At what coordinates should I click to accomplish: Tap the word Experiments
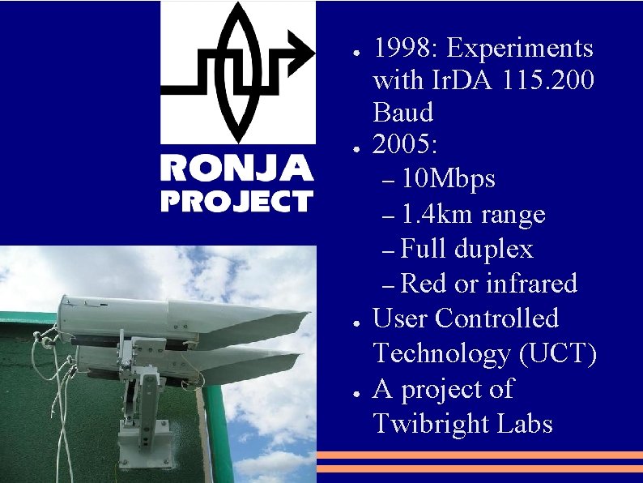(x=520, y=49)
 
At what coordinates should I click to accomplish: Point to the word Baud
(x=402, y=112)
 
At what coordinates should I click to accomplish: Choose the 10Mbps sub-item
(x=448, y=178)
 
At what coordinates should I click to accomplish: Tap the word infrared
(x=531, y=284)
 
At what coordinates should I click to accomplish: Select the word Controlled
(x=496, y=318)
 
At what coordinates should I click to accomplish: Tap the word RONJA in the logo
(x=236, y=169)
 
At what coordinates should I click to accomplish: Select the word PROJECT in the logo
(x=236, y=200)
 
